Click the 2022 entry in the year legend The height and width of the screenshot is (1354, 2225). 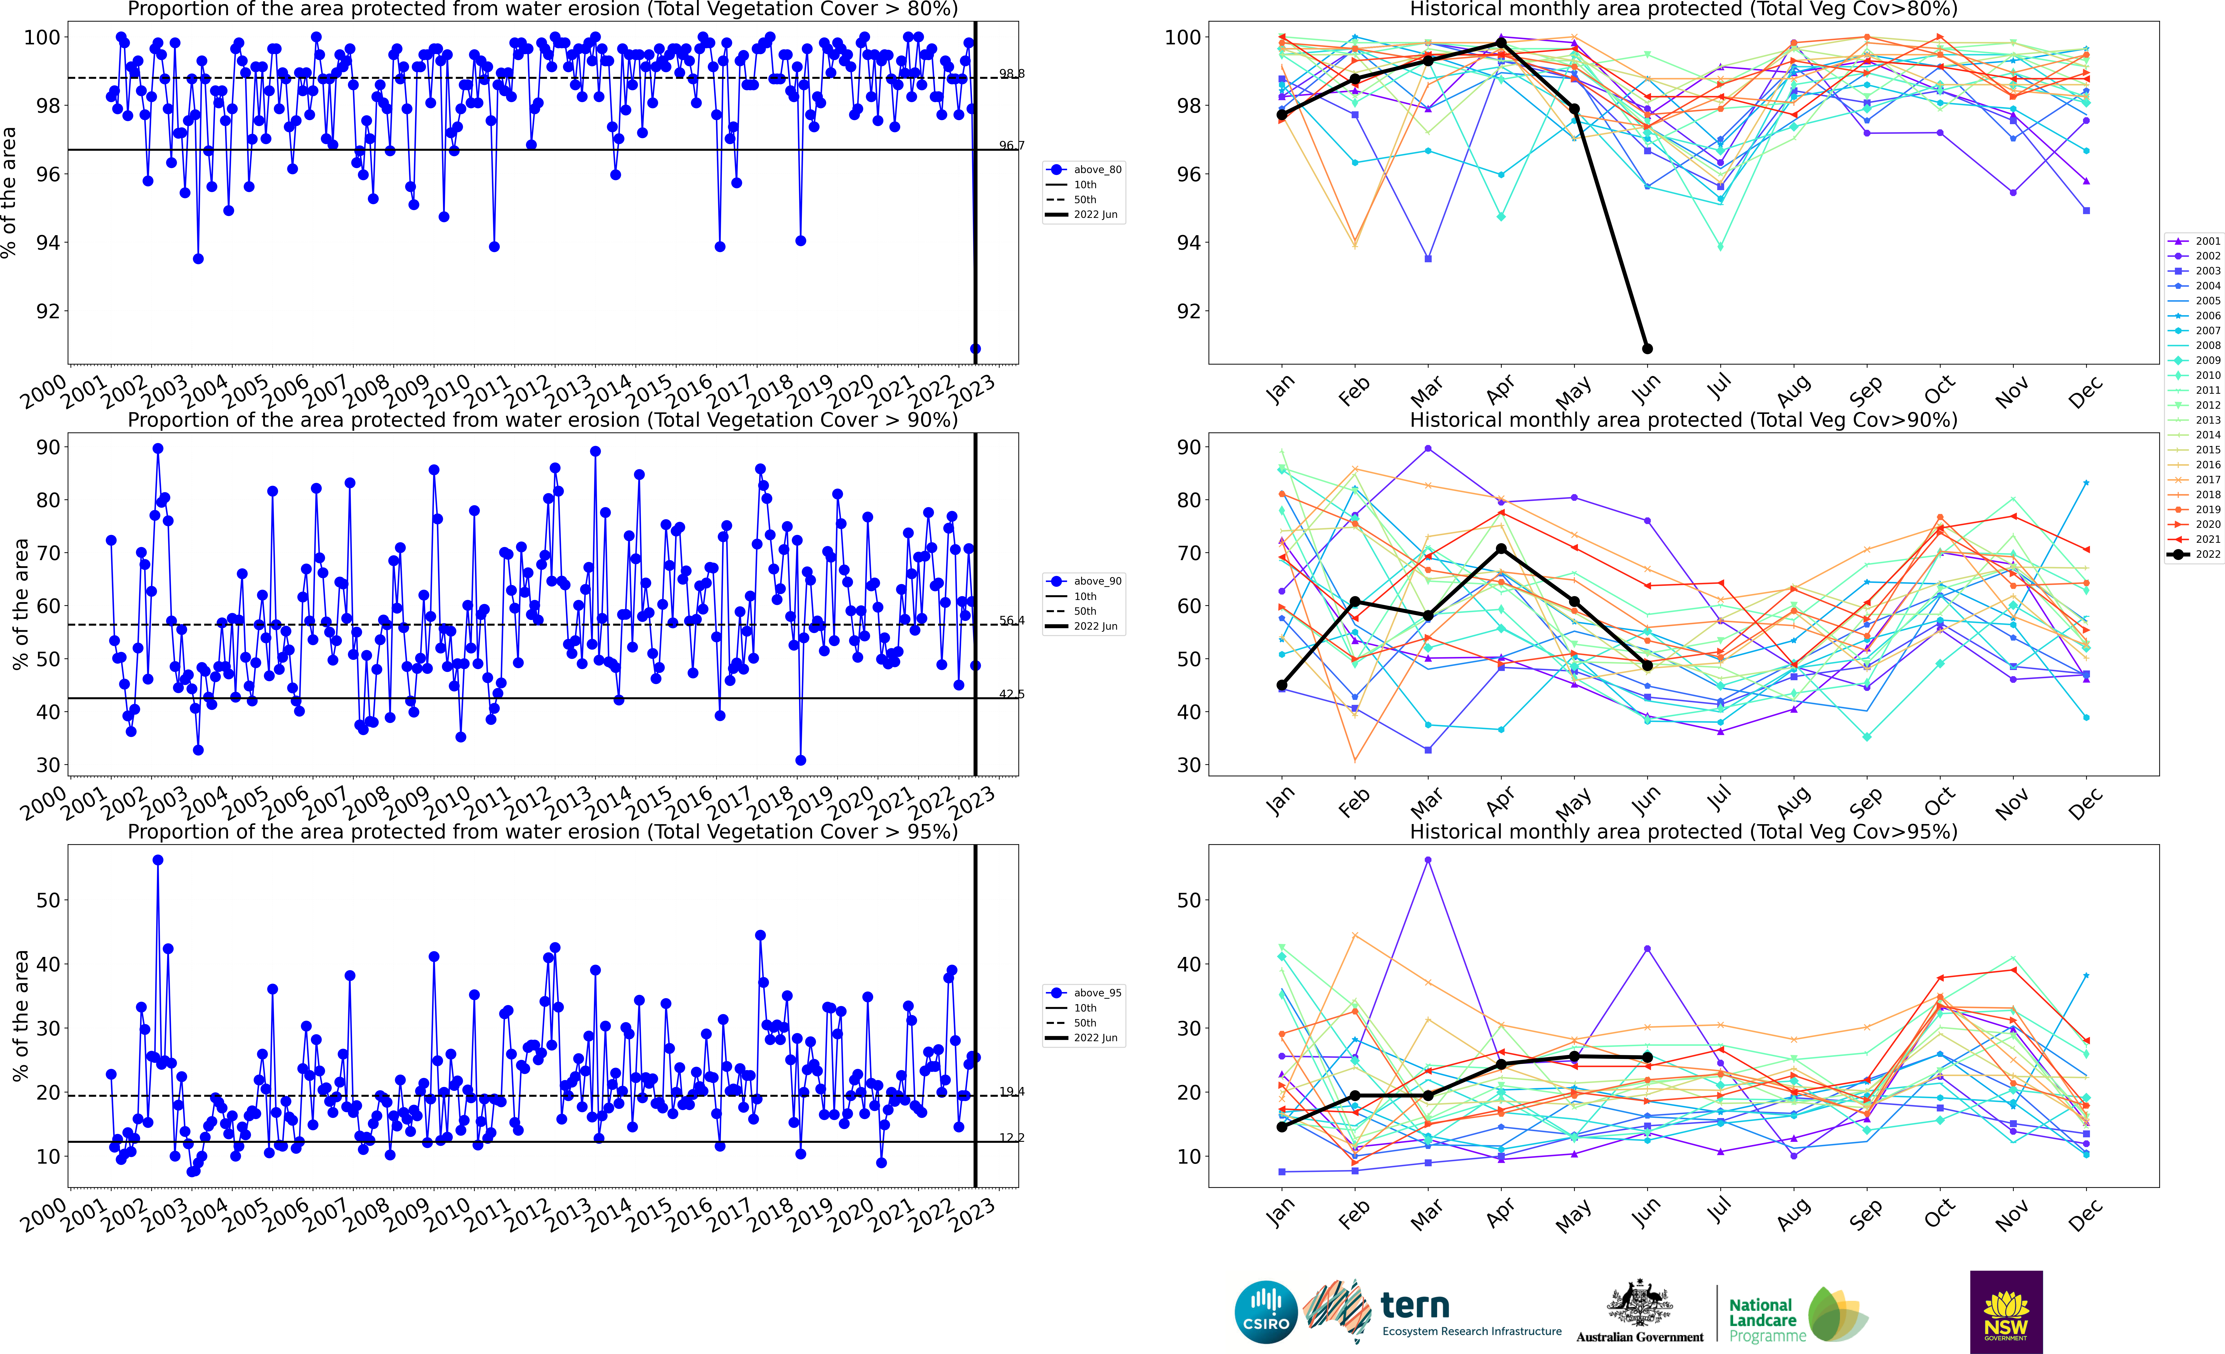pos(2194,554)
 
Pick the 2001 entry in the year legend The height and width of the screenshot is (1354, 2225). pos(2194,241)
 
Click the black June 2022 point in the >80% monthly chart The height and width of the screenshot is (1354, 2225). pos(1647,348)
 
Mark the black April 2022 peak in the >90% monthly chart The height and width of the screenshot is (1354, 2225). pos(1501,549)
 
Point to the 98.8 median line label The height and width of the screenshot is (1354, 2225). pos(1011,74)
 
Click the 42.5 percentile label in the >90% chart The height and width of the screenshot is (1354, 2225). pos(1011,694)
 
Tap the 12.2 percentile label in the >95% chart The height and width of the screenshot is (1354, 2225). pos(1011,1137)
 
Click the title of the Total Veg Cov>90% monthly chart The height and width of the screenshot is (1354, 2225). pos(1683,420)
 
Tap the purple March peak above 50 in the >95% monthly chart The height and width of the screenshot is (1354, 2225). pos(1428,860)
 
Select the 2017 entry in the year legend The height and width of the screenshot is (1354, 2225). pos(2194,479)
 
